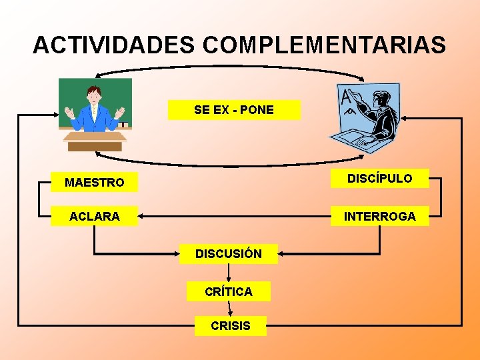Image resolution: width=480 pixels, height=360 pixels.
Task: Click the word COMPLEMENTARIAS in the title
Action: (325, 45)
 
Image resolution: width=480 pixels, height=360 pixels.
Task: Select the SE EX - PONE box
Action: (234, 110)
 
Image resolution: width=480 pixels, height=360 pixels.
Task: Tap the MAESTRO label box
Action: (94, 182)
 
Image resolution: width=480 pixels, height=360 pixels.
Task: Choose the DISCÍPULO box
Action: (380, 178)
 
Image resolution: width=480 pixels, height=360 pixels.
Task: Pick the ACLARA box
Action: (94, 216)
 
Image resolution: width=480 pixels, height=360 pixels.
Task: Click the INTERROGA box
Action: (380, 216)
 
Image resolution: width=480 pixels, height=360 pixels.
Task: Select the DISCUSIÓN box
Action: (229, 253)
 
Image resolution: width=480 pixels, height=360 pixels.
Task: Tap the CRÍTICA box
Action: (229, 291)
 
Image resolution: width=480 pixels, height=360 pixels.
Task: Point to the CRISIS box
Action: (230, 326)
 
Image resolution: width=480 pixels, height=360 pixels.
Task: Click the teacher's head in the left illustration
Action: (94, 93)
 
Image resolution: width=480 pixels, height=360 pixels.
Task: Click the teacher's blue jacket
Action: (94, 117)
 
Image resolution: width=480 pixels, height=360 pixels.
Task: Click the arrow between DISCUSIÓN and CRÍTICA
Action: (229, 273)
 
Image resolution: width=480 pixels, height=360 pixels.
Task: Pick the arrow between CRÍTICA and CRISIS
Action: (230, 308)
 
